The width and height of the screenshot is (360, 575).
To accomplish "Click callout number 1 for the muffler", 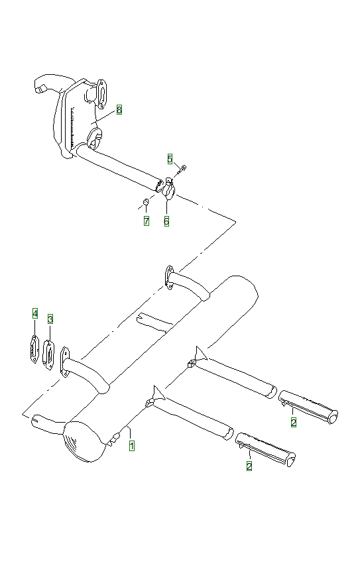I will [x=132, y=446].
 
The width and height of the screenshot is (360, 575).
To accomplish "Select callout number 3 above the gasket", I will [x=50, y=319].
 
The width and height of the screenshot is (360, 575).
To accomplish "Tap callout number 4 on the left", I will [x=34, y=313].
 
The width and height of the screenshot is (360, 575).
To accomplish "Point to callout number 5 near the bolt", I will [x=170, y=159].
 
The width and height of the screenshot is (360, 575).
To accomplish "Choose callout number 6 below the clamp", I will [x=166, y=221].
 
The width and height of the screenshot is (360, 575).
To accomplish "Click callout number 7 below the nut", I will [x=146, y=221].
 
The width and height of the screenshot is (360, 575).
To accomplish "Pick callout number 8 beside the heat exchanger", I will [x=119, y=109].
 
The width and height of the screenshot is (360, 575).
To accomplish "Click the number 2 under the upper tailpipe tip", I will [x=293, y=421].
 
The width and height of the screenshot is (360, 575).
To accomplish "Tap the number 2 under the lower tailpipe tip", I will [x=249, y=466].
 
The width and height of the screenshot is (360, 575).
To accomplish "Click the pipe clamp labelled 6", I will [x=168, y=190].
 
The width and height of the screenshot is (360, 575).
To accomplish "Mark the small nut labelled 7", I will [x=146, y=201].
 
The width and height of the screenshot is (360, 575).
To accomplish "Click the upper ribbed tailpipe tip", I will [x=309, y=405].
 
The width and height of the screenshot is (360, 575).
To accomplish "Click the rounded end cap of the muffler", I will [x=84, y=442].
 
